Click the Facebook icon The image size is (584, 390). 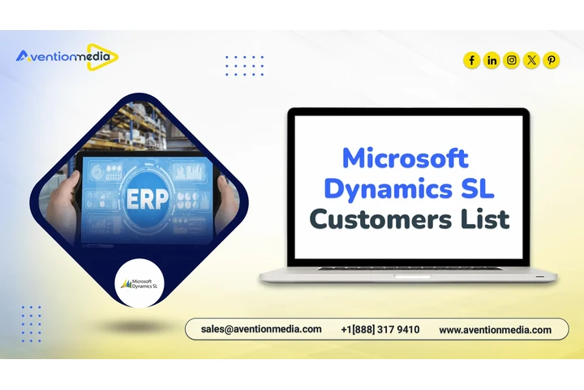coord(472,60)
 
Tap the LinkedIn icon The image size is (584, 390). coord(492,60)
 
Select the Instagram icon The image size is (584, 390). coord(512,60)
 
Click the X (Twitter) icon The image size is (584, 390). coord(531,60)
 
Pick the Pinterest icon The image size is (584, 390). coord(552,60)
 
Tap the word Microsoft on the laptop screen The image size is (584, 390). coord(405,157)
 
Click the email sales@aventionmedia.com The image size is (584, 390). coord(261,330)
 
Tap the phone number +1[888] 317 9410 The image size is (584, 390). coord(380,330)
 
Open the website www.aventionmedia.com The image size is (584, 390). coord(495,330)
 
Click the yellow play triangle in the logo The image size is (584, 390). coord(107,56)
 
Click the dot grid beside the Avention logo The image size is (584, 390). coord(244,65)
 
